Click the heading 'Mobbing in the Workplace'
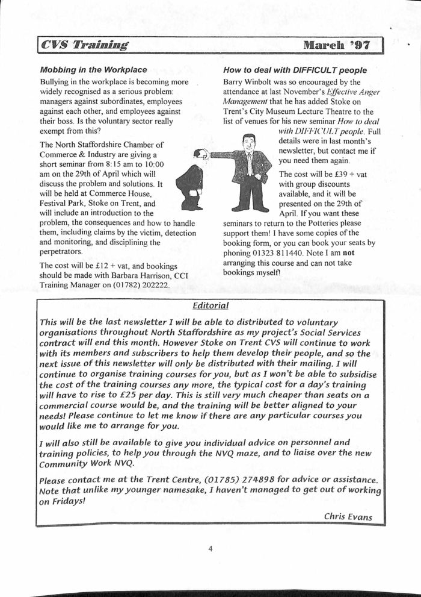(x=93, y=70)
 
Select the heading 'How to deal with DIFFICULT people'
(x=295, y=70)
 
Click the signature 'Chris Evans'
(x=348, y=516)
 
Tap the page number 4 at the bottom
(x=210, y=549)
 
